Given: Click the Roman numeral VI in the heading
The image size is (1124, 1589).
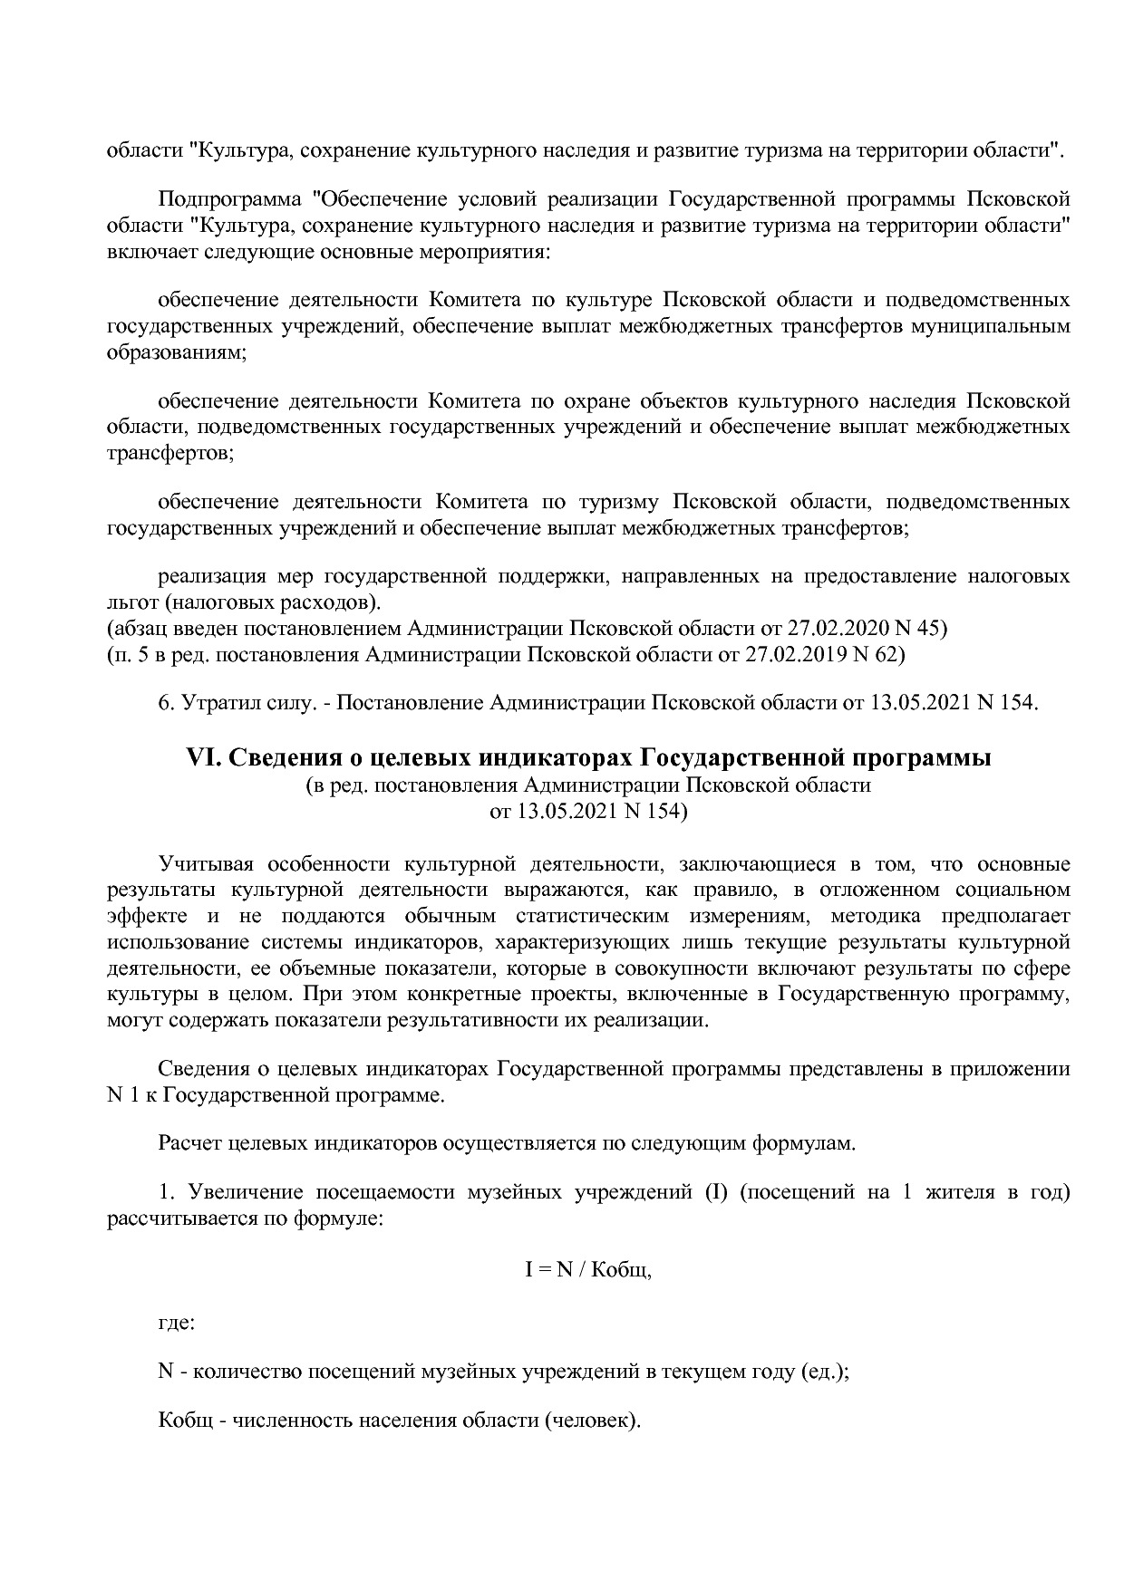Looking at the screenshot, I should click(199, 757).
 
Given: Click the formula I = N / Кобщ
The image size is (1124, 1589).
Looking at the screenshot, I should click(588, 1269).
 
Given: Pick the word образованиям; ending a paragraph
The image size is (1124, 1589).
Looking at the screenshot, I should click(177, 352).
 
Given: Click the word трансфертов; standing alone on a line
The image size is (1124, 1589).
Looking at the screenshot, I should click(170, 452).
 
